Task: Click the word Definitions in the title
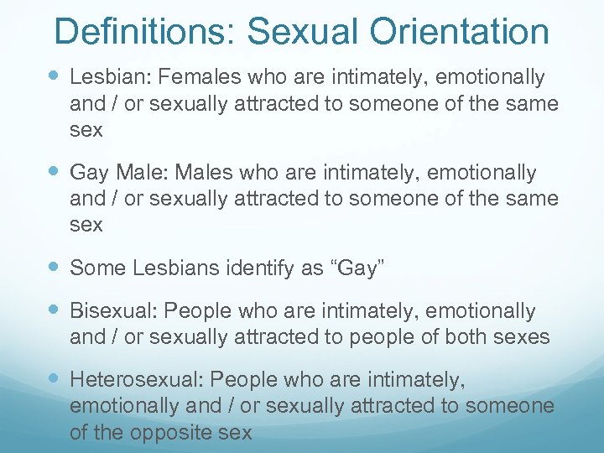point(143,32)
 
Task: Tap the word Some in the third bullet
point(94,268)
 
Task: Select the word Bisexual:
point(113,311)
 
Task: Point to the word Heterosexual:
point(134,380)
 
